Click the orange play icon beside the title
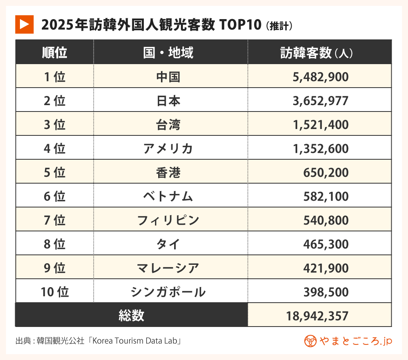24,25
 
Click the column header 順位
55,53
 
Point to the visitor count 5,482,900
320,77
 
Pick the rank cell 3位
55,125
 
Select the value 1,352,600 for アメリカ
320,149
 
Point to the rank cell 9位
55,268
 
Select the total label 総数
131,316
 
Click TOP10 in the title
239,25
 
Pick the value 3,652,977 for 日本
320,101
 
